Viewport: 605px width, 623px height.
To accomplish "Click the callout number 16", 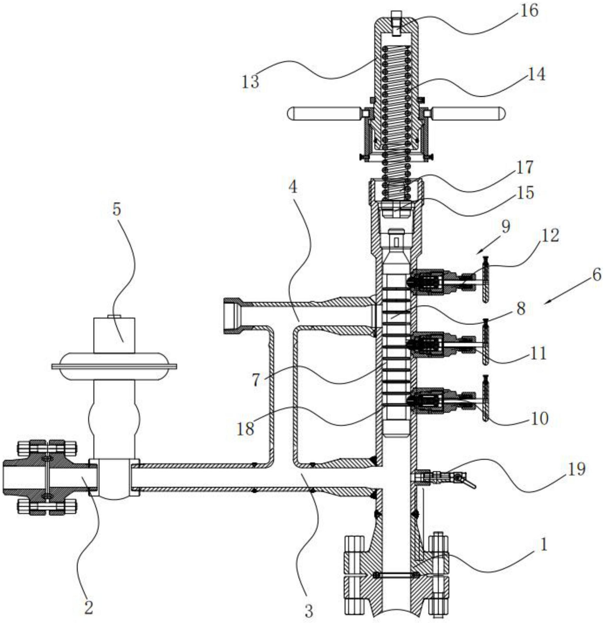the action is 529,11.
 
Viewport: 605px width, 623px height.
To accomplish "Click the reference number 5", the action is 117,210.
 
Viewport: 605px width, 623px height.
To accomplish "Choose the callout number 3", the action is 308,610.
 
